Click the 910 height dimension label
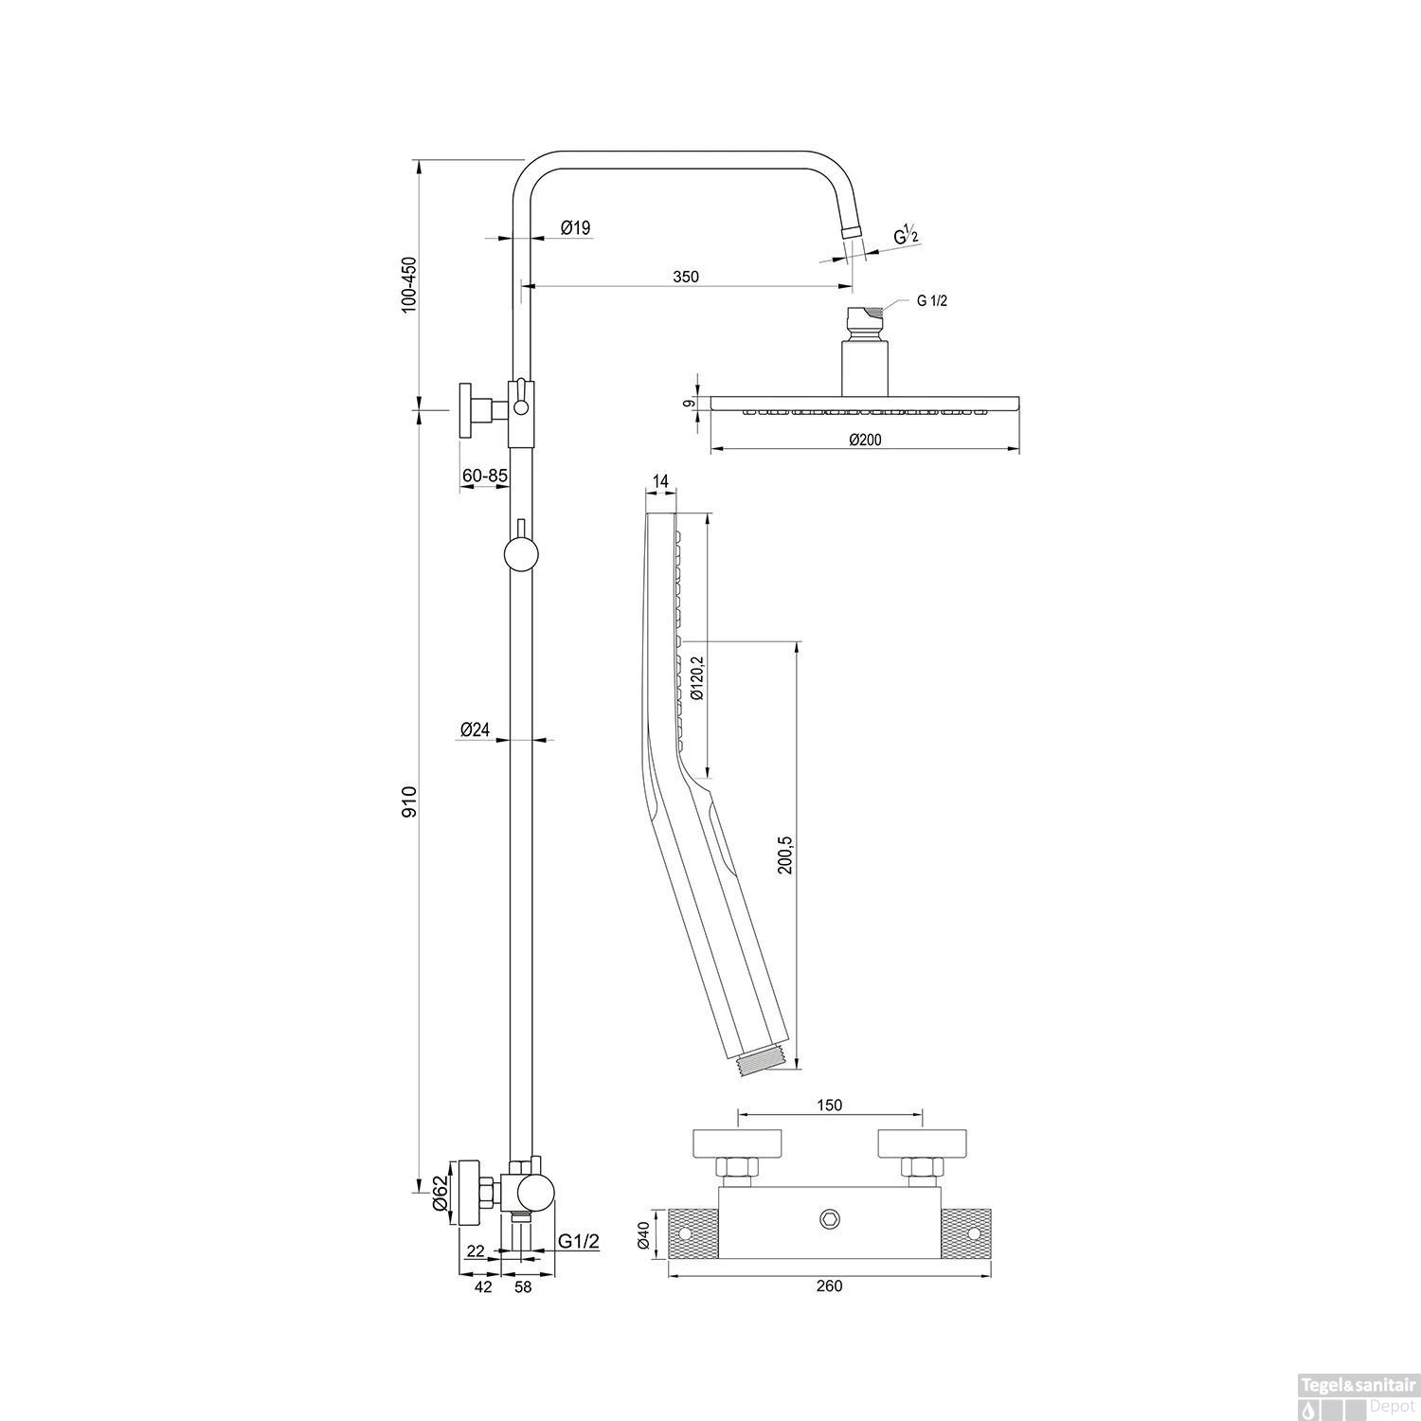(x=409, y=801)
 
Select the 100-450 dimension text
(x=409, y=284)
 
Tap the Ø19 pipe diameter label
(x=575, y=227)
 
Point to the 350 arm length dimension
(x=686, y=277)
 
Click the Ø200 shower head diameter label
(x=865, y=439)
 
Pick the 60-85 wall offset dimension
(x=485, y=476)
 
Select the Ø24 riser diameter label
(x=475, y=729)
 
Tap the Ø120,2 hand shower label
(x=697, y=676)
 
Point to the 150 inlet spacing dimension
(x=829, y=1105)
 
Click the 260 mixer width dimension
(x=828, y=1286)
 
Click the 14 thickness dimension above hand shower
(x=660, y=481)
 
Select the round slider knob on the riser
(x=520, y=554)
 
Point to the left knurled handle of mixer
(x=693, y=1233)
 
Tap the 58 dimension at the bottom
(x=523, y=1286)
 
